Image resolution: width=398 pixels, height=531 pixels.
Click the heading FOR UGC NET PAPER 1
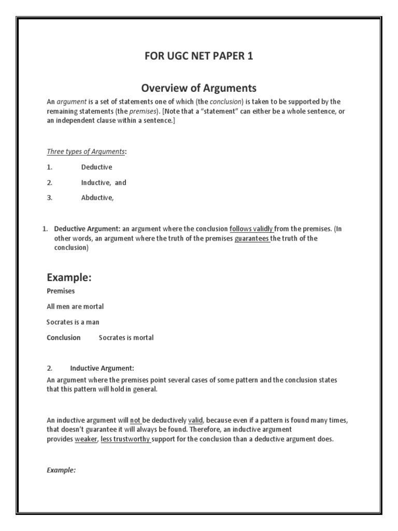click(199, 56)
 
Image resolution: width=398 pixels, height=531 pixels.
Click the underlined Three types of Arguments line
click(86, 152)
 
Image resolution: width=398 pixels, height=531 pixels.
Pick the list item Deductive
click(96, 167)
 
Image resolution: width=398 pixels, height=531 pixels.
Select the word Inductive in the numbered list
click(95, 183)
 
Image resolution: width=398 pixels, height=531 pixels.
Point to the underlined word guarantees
click(252, 239)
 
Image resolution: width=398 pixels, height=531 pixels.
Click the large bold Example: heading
click(69, 278)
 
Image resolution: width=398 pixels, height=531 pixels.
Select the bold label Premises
click(61, 291)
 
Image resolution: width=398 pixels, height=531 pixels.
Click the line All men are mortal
click(75, 306)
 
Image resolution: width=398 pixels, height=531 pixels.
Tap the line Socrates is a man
click(73, 322)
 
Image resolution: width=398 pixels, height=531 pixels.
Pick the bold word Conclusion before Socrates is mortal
click(63, 338)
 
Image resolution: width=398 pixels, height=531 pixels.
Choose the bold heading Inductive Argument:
click(102, 369)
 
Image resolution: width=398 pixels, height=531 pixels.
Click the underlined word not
click(135, 420)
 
